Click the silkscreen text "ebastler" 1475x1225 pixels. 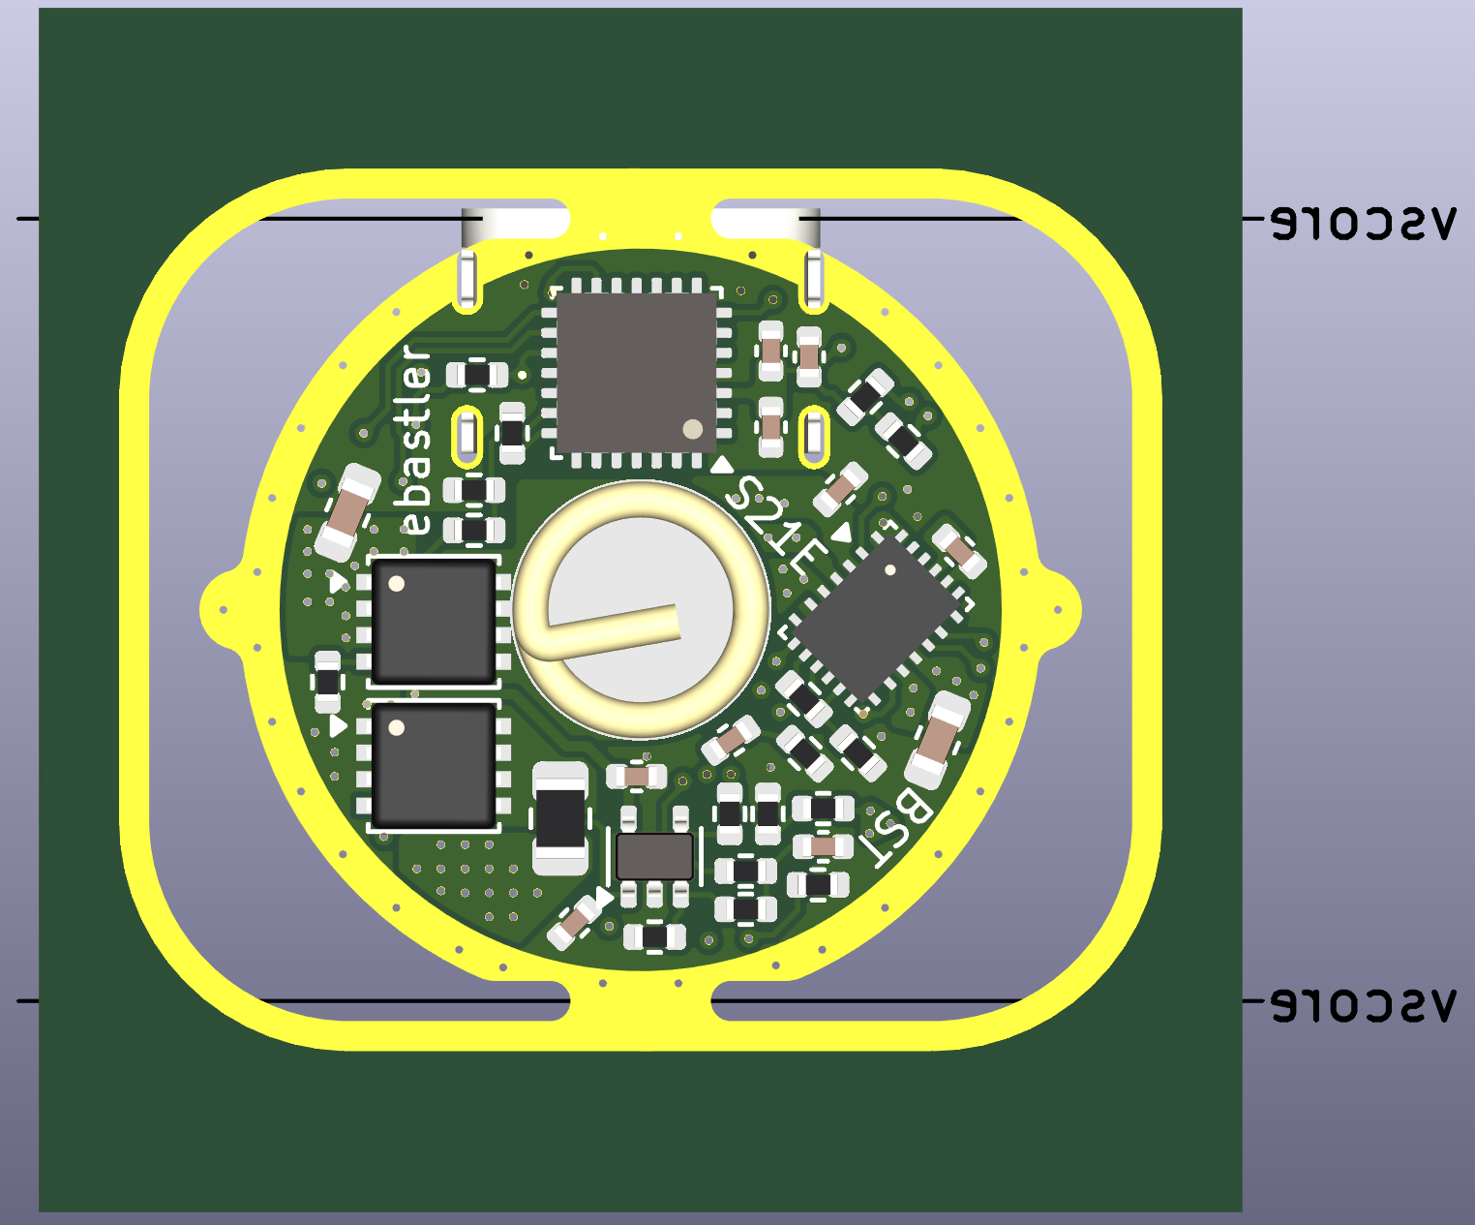(416, 441)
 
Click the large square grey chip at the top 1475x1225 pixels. (636, 372)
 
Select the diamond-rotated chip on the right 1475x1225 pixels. (875, 620)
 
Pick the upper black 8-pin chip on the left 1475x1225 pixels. (433, 621)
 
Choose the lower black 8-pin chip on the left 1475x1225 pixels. (433, 766)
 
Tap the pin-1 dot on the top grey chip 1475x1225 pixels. (692, 428)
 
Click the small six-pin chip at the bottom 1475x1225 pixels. (654, 856)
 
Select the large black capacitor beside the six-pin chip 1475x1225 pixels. (560, 818)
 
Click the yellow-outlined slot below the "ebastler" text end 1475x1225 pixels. (467, 436)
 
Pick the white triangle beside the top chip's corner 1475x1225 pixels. (721, 466)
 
